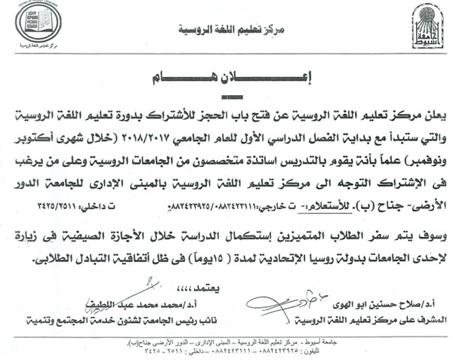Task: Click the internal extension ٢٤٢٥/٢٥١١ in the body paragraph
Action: (x=69, y=205)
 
